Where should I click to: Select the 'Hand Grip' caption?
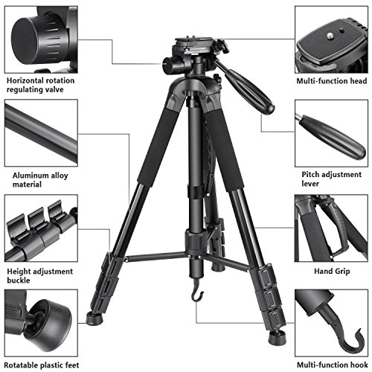(x=330, y=272)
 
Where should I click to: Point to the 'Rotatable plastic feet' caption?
(x=42, y=364)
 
